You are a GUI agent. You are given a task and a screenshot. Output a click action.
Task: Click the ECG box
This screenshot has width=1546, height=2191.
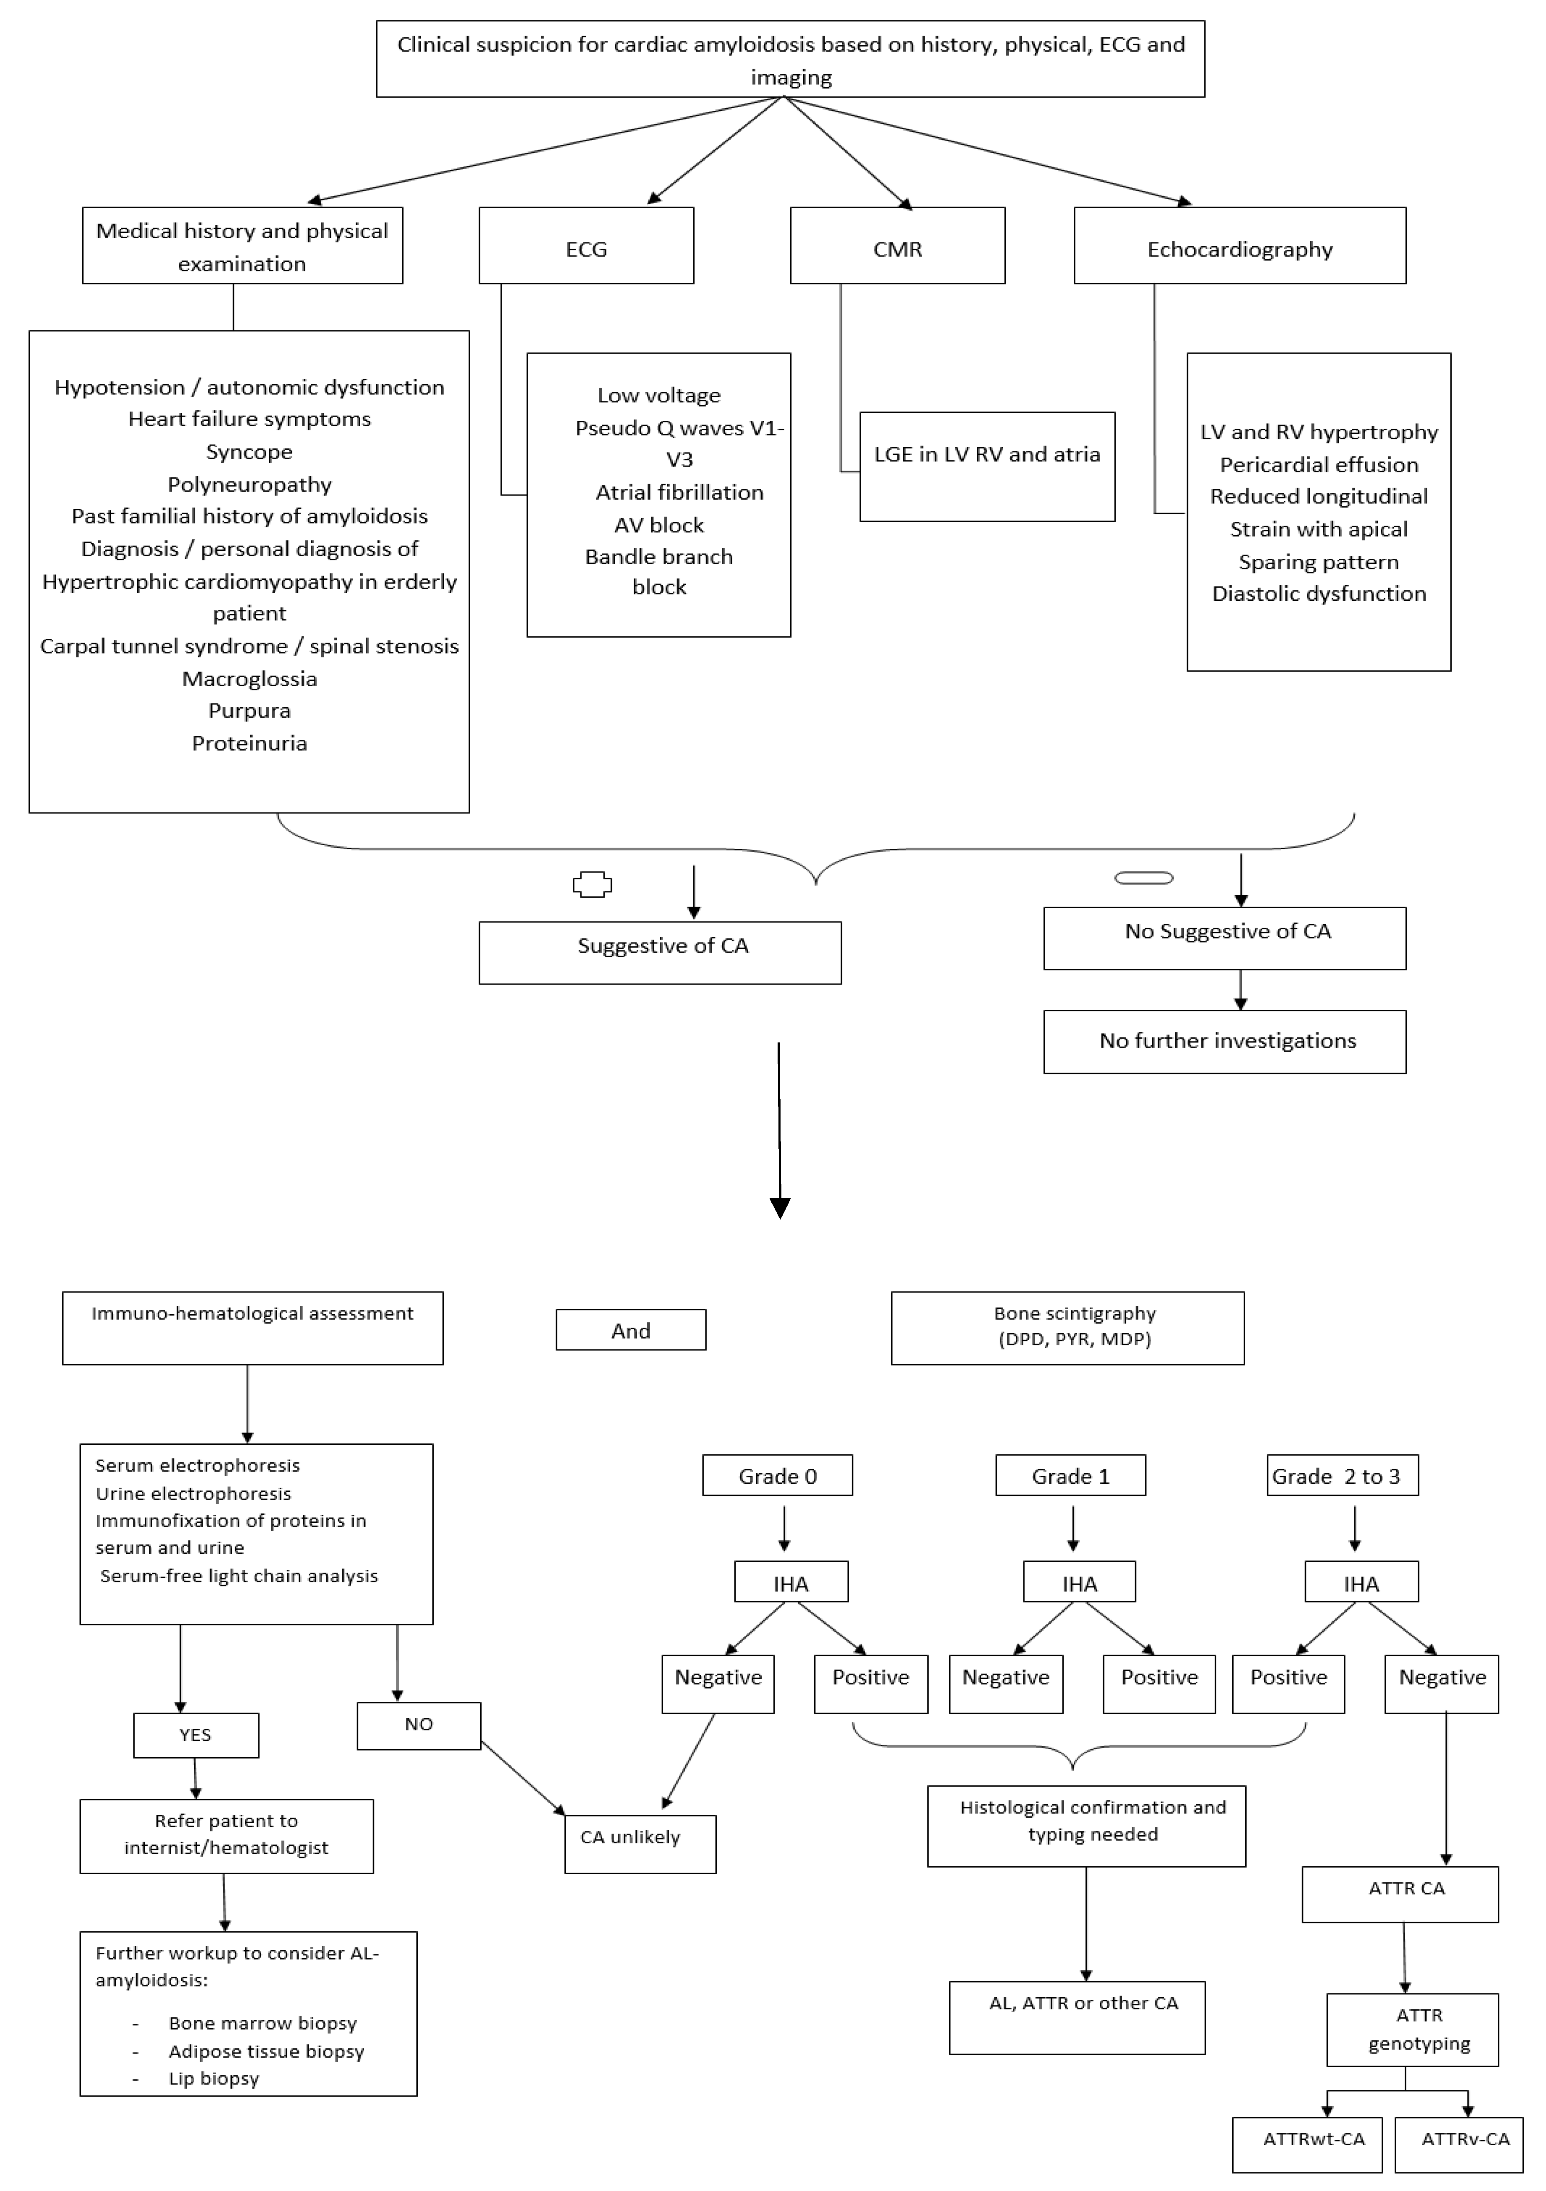(586, 246)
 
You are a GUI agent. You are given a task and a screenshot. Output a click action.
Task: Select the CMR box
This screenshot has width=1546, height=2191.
(897, 246)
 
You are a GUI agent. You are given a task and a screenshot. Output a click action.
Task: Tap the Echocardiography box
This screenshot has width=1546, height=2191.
(1240, 246)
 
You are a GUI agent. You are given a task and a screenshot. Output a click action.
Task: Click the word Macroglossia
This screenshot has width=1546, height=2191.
(249, 678)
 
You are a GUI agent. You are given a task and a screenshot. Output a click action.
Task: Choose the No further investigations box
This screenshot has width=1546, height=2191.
(1224, 1041)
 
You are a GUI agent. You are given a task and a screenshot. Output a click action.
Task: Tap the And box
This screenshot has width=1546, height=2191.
(631, 1329)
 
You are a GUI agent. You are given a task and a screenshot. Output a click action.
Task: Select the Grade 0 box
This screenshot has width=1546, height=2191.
(777, 1475)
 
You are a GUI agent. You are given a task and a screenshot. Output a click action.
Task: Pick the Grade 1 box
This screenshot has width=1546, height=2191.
(1070, 1475)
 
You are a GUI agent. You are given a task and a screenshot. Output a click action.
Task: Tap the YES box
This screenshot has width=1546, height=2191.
(195, 1735)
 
